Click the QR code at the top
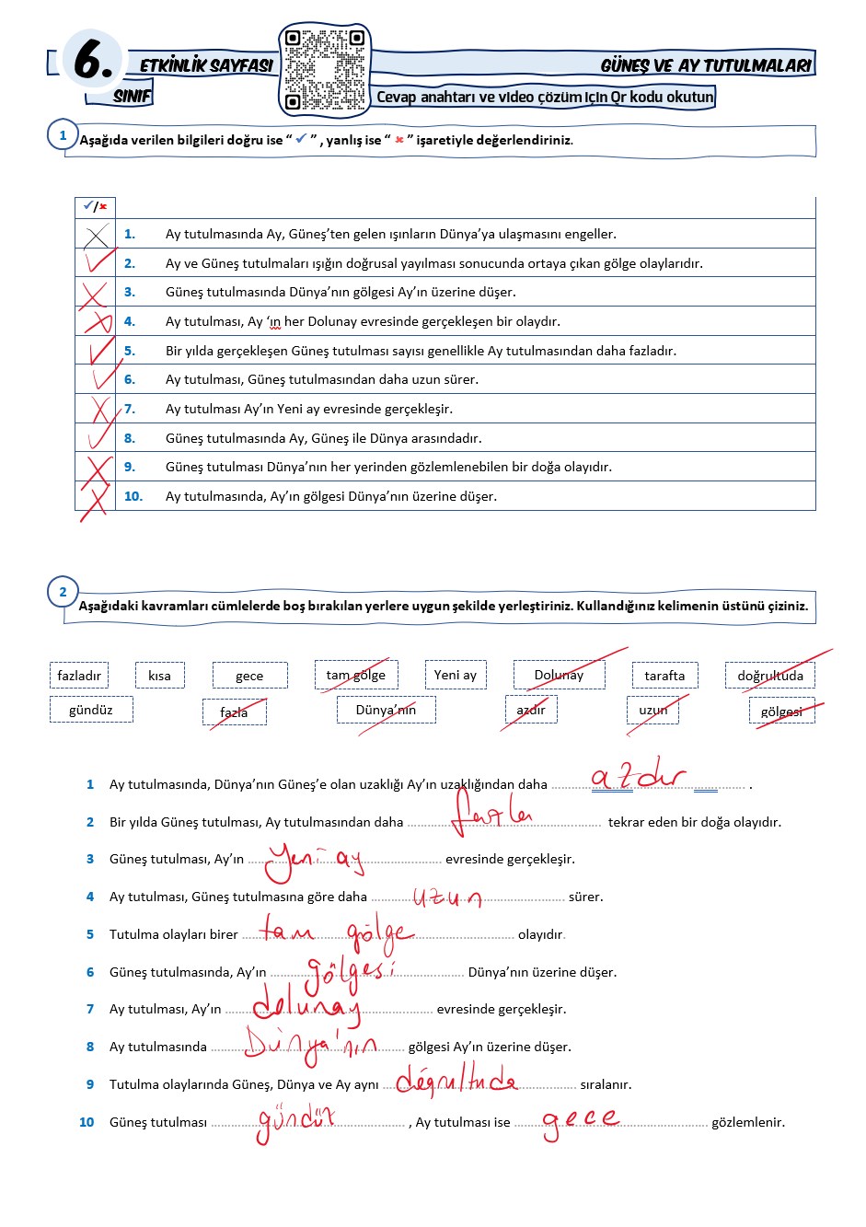pos(324,70)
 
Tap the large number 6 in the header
pos(93,61)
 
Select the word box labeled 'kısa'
pos(159,676)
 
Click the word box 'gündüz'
pos(91,710)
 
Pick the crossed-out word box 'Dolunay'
pos(559,675)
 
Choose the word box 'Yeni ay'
pos(456,675)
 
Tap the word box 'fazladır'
pos(79,676)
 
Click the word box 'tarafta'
pos(664,676)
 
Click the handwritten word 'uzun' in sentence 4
pos(447,897)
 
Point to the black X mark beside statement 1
pos(96,235)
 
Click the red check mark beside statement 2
pos(98,261)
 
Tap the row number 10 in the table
pos(133,496)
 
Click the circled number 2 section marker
pos(63,592)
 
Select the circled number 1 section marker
pos(63,135)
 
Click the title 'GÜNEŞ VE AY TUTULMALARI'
pos(706,65)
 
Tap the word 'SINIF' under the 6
pos(132,96)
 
